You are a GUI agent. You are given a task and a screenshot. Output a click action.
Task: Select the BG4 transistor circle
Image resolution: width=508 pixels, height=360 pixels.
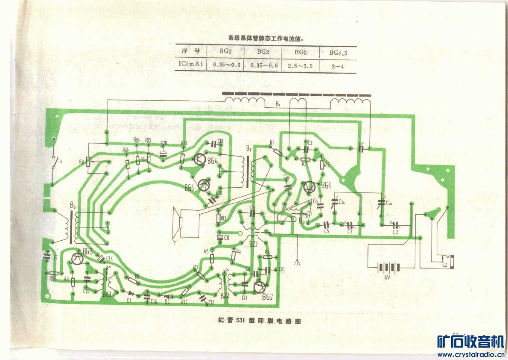click(x=199, y=160)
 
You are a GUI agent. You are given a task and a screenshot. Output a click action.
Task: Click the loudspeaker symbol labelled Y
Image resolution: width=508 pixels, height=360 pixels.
click(x=176, y=224)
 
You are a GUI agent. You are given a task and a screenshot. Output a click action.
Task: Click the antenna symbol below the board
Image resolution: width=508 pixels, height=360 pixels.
click(x=297, y=261)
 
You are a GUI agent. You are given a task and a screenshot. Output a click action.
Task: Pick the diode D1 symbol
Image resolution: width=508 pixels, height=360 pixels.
click(x=131, y=294)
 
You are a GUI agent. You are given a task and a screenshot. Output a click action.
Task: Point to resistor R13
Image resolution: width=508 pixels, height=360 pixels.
click(x=219, y=218)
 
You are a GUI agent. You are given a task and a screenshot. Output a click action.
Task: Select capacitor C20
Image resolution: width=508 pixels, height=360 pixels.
click(x=163, y=153)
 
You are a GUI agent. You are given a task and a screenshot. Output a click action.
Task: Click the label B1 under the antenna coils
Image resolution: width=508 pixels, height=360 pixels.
click(x=277, y=104)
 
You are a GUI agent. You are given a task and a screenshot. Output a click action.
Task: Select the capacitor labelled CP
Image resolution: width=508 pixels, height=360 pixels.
click(x=361, y=148)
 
